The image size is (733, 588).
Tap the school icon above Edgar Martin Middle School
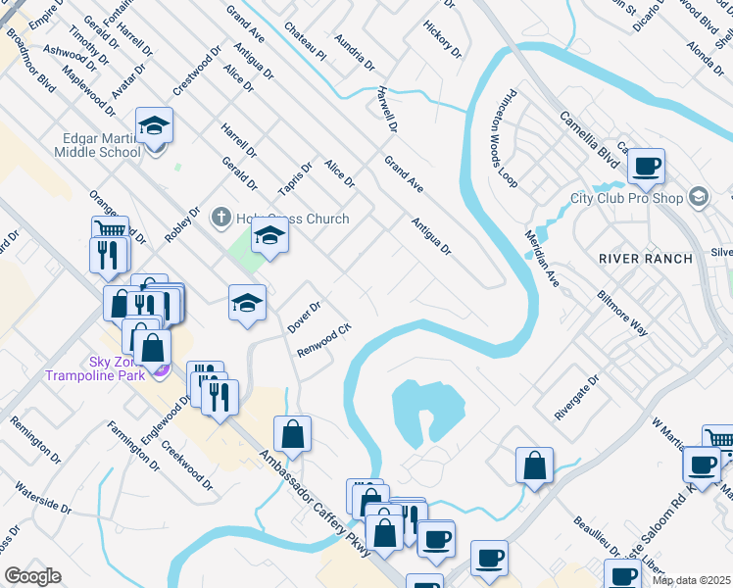click(x=154, y=126)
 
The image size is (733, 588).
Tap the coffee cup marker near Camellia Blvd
click(x=646, y=167)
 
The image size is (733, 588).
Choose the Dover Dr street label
click(x=305, y=317)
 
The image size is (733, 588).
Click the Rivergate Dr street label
click(x=576, y=397)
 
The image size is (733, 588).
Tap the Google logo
click(x=32, y=576)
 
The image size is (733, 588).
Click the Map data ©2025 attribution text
click(x=692, y=580)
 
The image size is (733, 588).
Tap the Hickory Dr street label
click(x=442, y=36)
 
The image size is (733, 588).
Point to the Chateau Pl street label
click(x=304, y=40)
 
